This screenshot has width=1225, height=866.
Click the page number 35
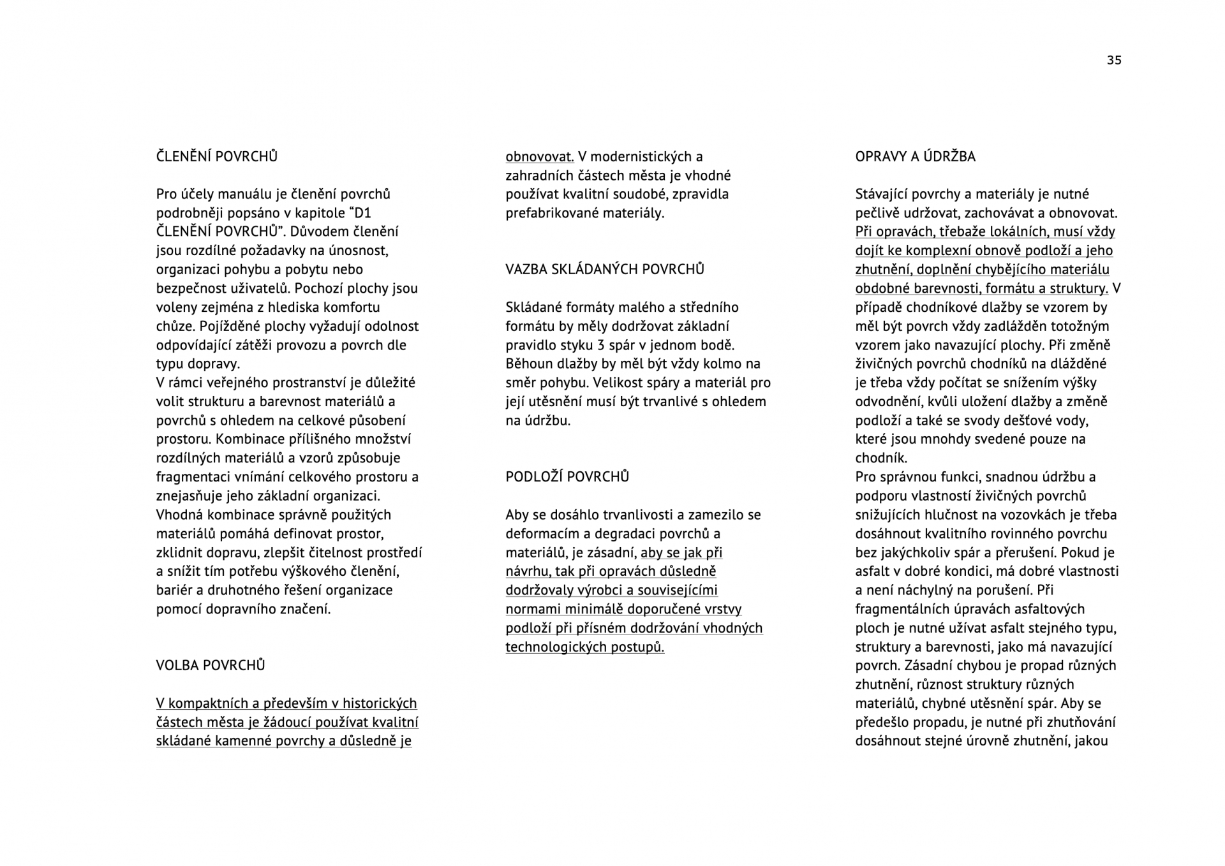coord(1113,60)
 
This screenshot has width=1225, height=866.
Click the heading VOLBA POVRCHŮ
coord(211,666)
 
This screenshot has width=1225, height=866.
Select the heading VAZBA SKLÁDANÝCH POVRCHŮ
coord(605,270)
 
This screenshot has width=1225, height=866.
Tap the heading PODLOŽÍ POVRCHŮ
coord(567,477)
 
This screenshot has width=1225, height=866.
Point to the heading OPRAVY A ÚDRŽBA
coord(915,157)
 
